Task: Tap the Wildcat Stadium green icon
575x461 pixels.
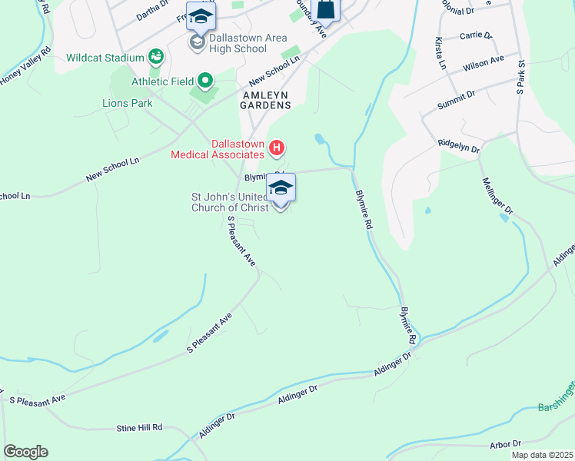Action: click(x=156, y=57)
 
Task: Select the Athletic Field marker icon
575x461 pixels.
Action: click(x=205, y=80)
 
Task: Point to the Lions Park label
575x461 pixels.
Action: click(x=127, y=103)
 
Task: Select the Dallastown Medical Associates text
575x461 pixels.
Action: click(x=217, y=149)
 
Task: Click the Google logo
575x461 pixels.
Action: click(x=25, y=452)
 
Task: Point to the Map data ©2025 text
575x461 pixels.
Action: click(x=542, y=455)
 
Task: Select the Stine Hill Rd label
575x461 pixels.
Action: click(x=139, y=427)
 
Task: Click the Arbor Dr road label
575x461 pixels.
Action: click(x=505, y=444)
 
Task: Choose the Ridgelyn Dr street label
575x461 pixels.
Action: click(x=458, y=145)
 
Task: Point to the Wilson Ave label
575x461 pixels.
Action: click(x=483, y=63)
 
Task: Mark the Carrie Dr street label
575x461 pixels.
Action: click(x=474, y=35)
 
